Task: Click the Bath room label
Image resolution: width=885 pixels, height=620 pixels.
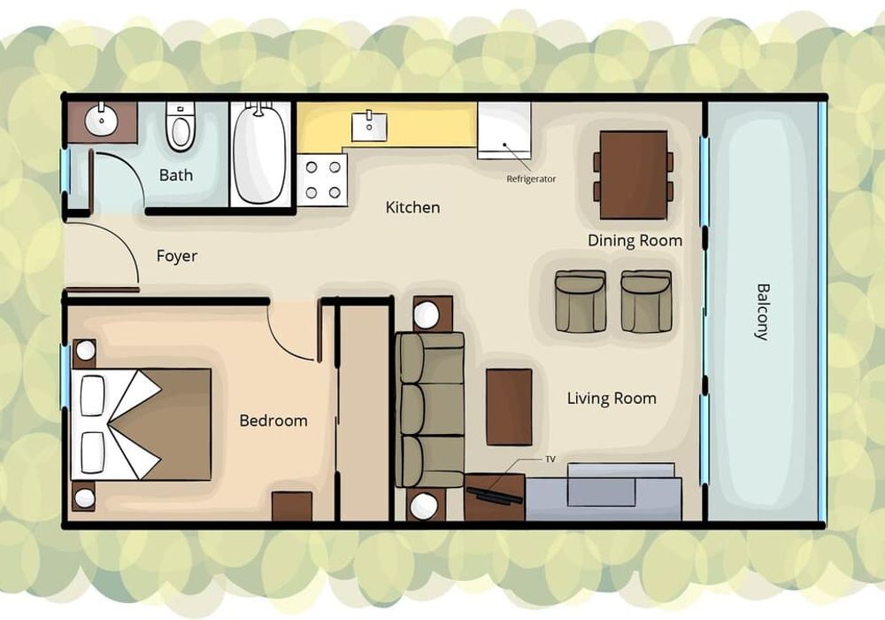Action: tap(175, 175)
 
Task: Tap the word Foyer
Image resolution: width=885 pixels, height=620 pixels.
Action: tap(177, 256)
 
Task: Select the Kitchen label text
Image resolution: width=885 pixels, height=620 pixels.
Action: tap(412, 207)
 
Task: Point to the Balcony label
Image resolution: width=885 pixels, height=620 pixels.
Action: tap(762, 312)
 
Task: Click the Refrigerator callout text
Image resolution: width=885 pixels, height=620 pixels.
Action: tap(531, 179)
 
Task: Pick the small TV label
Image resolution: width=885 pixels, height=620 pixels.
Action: tap(550, 459)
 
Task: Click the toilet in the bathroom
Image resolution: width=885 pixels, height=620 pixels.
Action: tap(181, 127)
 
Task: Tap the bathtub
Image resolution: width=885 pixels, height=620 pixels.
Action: tap(259, 153)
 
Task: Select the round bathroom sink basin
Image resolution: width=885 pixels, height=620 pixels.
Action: tap(102, 120)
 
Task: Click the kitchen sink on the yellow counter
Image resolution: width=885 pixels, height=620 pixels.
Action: tap(369, 127)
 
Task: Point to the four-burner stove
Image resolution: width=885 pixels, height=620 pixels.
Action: tap(322, 180)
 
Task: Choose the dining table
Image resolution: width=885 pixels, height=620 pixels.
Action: tap(634, 175)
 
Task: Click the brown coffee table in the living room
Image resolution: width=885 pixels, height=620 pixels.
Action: tap(509, 407)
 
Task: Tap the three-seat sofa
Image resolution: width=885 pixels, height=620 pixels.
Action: tap(429, 410)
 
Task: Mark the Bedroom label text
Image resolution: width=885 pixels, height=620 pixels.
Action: tap(273, 421)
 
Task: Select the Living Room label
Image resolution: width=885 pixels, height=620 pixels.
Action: tap(612, 399)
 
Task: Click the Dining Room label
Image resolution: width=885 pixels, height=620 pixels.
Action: tap(635, 241)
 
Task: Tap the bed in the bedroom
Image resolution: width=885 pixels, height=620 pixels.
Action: tap(141, 424)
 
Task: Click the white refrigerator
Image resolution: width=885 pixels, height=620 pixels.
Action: tap(504, 130)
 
